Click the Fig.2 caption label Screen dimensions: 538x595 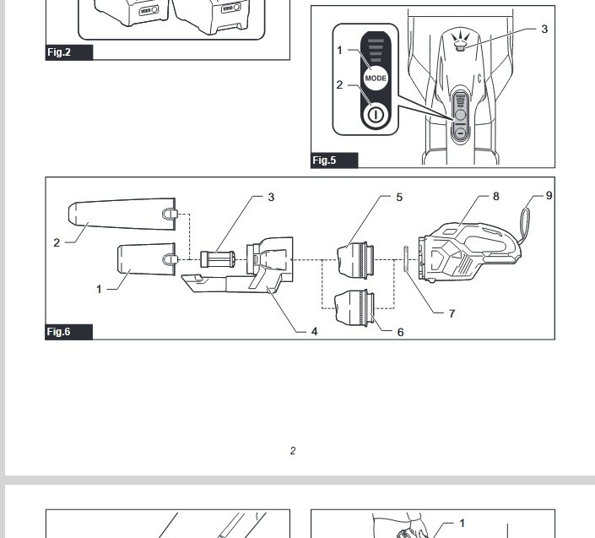[59, 52]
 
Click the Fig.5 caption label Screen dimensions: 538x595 [325, 160]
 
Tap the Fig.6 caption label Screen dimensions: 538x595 [59, 332]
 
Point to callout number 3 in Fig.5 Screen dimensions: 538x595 [544, 29]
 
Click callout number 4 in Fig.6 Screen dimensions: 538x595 [314, 332]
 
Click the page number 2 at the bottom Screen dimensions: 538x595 [293, 451]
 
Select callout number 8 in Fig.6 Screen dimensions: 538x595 [496, 196]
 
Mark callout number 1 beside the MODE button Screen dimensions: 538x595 [340, 50]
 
